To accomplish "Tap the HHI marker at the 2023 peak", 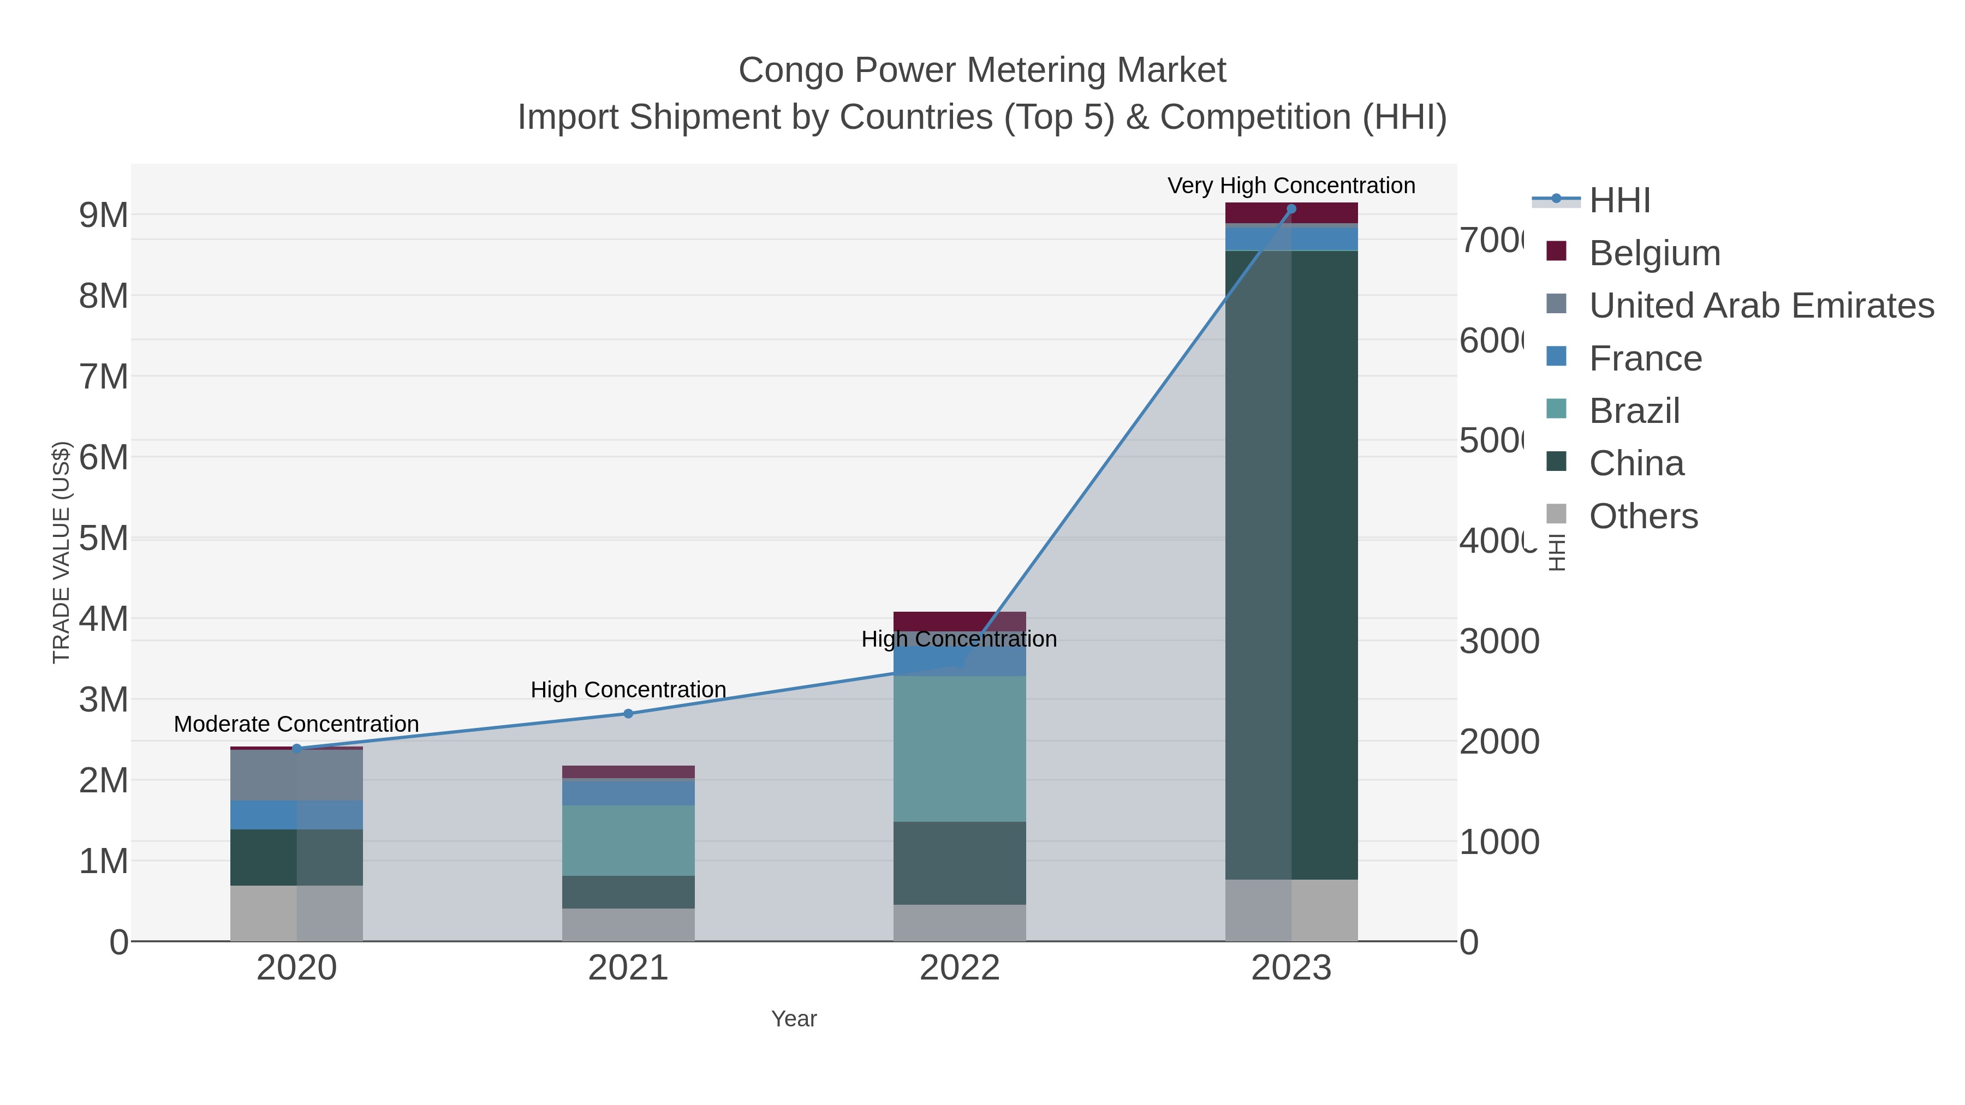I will [x=1291, y=209].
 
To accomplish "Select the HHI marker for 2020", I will [x=297, y=748].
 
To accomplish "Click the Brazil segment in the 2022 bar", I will [x=959, y=748].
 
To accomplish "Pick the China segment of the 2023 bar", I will [x=1291, y=564].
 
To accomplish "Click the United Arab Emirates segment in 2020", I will [x=297, y=775].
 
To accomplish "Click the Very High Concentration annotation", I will [x=1291, y=186].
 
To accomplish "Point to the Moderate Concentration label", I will [x=297, y=724].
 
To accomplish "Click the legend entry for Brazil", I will [x=1634, y=411].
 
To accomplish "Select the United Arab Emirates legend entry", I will [x=1760, y=306].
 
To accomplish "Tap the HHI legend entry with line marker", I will [x=1619, y=201].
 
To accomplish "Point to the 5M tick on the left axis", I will [x=104, y=539].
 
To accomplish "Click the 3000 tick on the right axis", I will [x=1499, y=641].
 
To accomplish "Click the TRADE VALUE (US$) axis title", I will [x=61, y=552].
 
